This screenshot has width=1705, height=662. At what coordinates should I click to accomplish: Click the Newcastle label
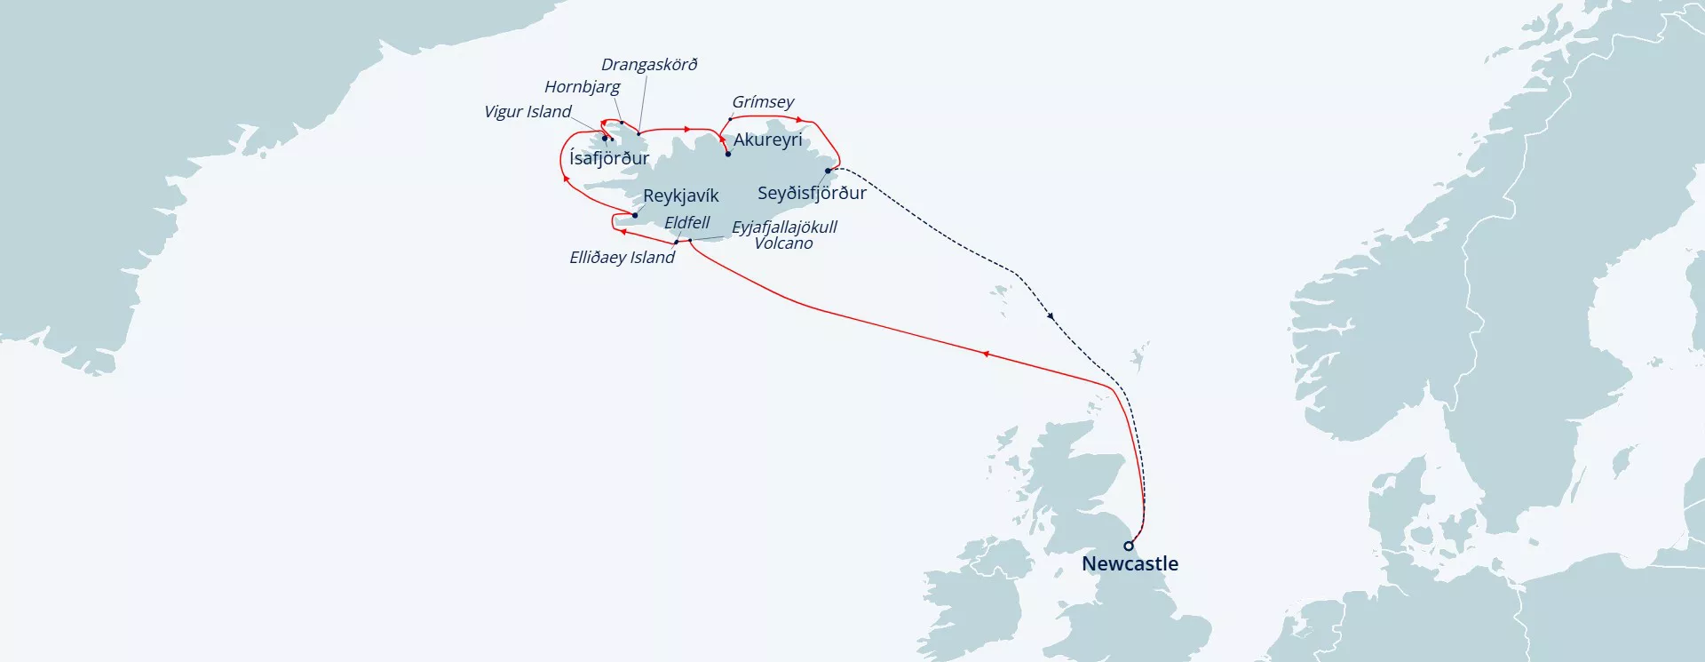click(x=1130, y=563)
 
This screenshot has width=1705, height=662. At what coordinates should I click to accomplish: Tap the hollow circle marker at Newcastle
click(x=1129, y=546)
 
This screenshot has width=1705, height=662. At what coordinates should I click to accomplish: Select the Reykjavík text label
click(x=680, y=195)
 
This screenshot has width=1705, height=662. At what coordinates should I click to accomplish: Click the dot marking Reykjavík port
click(x=635, y=215)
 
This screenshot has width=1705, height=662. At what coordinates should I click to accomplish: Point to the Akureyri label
click(x=767, y=140)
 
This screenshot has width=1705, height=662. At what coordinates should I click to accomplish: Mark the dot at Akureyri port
click(x=728, y=155)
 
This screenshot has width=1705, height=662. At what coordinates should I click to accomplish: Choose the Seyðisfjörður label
click(x=812, y=193)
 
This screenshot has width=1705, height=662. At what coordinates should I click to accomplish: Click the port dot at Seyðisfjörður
click(x=829, y=171)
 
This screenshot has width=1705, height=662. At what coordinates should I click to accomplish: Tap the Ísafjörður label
click(x=609, y=158)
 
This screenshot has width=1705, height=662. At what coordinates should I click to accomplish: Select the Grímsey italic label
click(x=763, y=102)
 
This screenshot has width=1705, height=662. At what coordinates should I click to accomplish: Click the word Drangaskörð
click(x=649, y=65)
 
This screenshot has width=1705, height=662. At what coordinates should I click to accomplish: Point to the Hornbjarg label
click(x=582, y=87)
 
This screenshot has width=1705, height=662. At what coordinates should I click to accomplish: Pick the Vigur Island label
click(x=527, y=112)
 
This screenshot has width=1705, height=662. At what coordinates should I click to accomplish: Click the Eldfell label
click(x=686, y=223)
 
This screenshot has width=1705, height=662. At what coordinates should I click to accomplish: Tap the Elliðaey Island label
click(x=622, y=258)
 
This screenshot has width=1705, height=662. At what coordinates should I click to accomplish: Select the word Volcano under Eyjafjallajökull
click(x=783, y=243)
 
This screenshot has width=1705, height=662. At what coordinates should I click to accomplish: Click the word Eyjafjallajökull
click(x=784, y=227)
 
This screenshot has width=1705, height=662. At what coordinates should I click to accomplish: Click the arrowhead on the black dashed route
click(x=1051, y=315)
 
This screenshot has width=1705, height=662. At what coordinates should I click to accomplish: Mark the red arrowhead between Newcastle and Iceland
click(x=986, y=354)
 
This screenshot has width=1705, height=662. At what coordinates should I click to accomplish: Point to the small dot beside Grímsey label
click(x=731, y=118)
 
